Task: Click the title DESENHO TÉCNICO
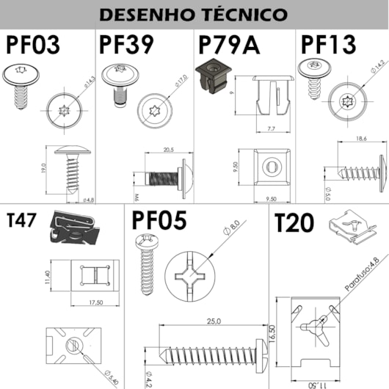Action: (x=194, y=14)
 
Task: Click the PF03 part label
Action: (x=35, y=45)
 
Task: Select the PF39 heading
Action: (x=126, y=45)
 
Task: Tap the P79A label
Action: (x=230, y=45)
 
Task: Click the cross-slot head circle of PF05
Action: (x=196, y=278)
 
